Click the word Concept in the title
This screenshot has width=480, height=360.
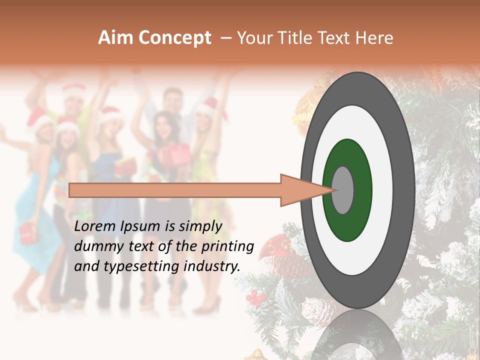(x=175, y=38)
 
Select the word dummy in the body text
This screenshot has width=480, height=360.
(x=96, y=246)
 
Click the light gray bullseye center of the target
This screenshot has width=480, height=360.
(x=343, y=190)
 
